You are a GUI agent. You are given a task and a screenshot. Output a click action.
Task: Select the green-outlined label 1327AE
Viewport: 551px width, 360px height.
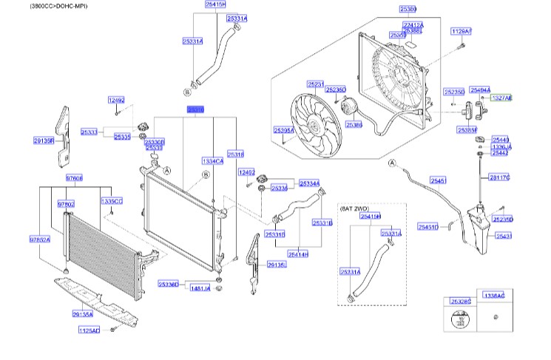[x=501, y=98]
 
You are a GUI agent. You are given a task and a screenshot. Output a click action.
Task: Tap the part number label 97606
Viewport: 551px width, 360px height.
[x=74, y=178]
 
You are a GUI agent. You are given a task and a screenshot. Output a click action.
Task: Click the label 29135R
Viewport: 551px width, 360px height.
[x=44, y=140]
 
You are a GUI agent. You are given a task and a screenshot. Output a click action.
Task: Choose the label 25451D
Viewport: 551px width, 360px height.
[x=427, y=227]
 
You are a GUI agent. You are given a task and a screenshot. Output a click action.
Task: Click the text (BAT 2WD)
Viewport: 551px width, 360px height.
[x=355, y=209]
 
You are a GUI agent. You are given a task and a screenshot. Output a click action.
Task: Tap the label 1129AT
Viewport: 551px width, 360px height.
[x=461, y=31]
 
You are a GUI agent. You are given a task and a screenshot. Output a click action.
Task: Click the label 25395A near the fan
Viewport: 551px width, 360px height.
[x=284, y=130]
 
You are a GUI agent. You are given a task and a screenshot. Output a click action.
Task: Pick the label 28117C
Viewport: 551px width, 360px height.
[x=500, y=177]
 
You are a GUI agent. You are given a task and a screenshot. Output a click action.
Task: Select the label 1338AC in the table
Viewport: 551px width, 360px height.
[x=493, y=296]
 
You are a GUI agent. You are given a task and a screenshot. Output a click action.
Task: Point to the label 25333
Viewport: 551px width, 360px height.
[x=89, y=132]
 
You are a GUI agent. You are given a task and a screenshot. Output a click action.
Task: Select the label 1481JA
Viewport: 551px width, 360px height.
[x=200, y=288]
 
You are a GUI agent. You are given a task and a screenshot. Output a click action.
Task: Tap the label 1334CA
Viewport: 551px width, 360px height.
[x=213, y=160]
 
